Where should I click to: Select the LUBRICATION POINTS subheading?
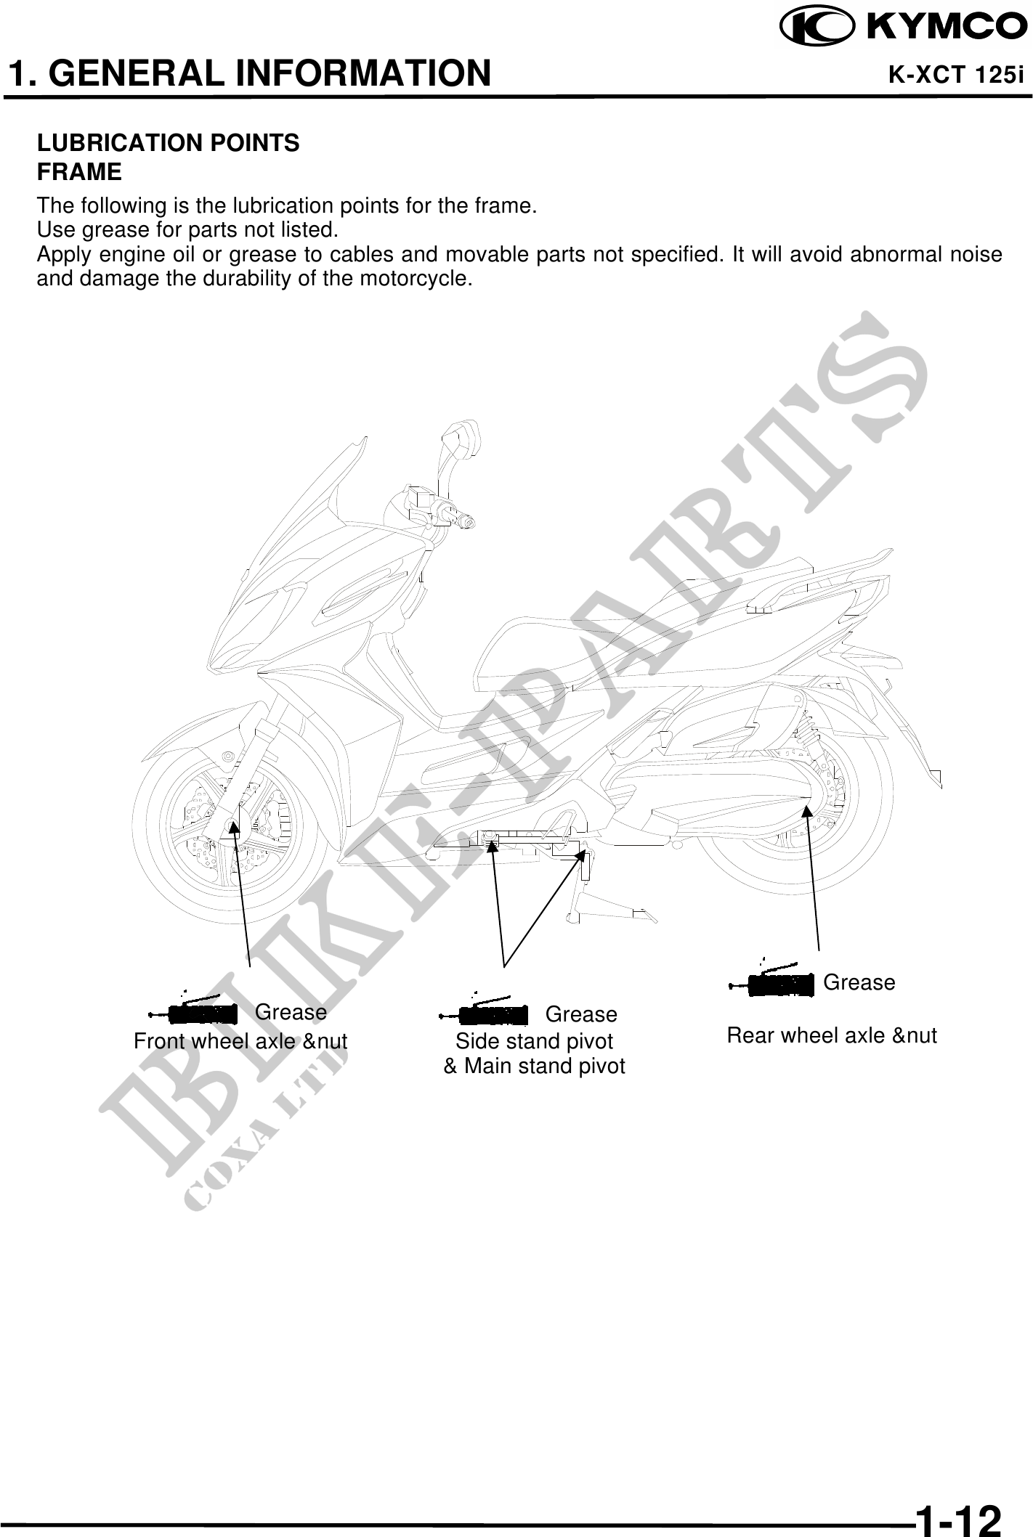(169, 143)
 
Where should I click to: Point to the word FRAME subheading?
(79, 173)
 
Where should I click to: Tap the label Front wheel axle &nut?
(240, 1041)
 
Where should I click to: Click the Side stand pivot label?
(534, 1041)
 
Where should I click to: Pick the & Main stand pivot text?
(534, 1066)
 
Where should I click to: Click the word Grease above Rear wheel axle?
(859, 982)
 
